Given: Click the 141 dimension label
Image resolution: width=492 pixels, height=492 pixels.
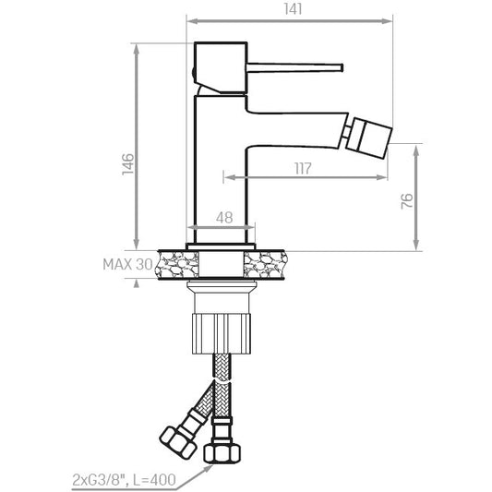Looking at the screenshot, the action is pyautogui.click(x=293, y=9).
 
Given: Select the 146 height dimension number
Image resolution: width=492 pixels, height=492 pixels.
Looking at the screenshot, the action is pyautogui.click(x=128, y=164).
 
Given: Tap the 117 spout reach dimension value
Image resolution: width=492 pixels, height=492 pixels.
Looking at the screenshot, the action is pyautogui.click(x=303, y=169).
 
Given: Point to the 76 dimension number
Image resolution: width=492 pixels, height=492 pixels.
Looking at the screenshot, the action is pyautogui.click(x=407, y=201).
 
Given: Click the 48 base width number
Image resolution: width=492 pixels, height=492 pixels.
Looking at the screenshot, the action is pyautogui.click(x=224, y=218).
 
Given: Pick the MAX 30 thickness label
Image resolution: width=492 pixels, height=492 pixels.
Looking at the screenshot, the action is pyautogui.click(x=127, y=265).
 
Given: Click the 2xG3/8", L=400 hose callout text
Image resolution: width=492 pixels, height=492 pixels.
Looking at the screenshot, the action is pyautogui.click(x=125, y=480).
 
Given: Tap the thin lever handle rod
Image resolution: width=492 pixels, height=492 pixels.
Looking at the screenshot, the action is pyautogui.click(x=295, y=67).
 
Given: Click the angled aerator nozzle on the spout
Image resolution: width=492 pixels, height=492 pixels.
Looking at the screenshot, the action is pyautogui.click(x=369, y=135).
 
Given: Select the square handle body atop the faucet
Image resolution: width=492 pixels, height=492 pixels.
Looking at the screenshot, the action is pyautogui.click(x=221, y=67).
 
